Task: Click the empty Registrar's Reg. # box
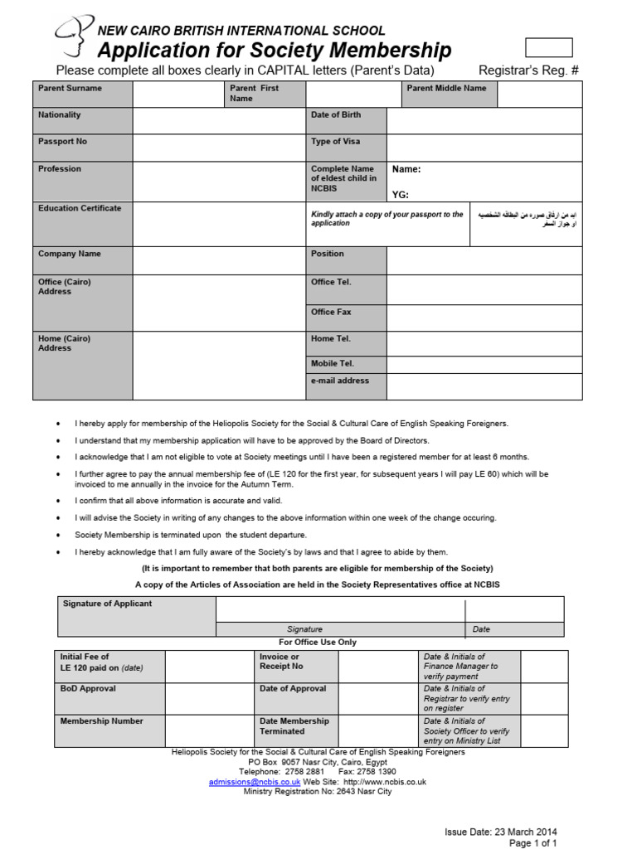click(x=549, y=47)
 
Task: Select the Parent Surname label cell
click(x=82, y=94)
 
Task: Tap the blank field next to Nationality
click(x=219, y=121)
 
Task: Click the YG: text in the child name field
click(x=401, y=195)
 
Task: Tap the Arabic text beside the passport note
click(x=526, y=219)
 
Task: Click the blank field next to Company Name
click(x=219, y=260)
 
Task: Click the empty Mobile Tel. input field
click(x=484, y=364)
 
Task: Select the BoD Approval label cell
click(x=109, y=698)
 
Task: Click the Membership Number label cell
click(x=109, y=730)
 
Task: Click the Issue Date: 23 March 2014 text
click(x=501, y=832)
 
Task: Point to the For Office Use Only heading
click(x=318, y=643)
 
